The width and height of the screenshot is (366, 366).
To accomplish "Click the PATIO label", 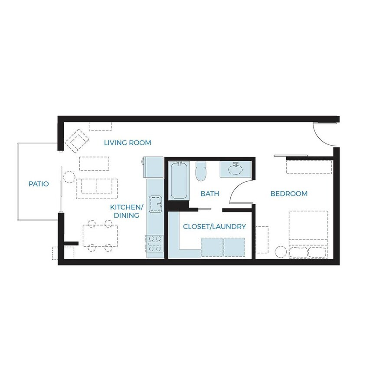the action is coord(39,184).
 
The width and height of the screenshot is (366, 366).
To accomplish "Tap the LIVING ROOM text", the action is coord(127,143).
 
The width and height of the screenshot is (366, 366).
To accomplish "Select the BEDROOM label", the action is coord(289,193).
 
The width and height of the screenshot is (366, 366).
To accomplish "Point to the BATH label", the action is coord(210,193).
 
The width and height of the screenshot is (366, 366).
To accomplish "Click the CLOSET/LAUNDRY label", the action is coord(215,226).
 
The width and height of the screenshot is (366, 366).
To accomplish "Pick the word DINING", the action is coord(127,215).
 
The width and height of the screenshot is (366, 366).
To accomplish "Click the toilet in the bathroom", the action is coord(201,171).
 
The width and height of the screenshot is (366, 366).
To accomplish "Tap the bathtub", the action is coord(179,180).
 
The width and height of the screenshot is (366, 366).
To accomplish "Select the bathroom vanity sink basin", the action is coord(236,169).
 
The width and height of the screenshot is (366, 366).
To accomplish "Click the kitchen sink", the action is coord(155,204).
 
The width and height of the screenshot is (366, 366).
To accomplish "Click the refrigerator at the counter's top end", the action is coord(153,167).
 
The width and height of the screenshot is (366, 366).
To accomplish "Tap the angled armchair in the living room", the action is coord(77,141).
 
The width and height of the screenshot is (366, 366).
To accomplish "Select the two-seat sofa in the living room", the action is coord(97,189).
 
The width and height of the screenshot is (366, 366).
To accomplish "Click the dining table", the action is coord(100,236).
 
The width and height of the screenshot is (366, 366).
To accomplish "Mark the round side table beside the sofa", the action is coord(69,177).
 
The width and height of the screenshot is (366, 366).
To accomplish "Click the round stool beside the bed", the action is coord(281,252).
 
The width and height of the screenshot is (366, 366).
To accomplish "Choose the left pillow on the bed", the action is coord(299,252).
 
